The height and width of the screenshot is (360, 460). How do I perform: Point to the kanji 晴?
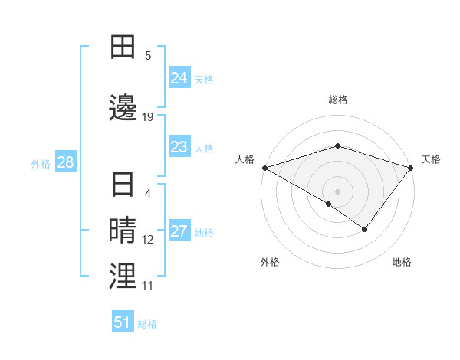tap(123, 231)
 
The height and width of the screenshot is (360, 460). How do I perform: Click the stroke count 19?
tap(148, 116)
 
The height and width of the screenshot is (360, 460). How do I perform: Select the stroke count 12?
tap(148, 240)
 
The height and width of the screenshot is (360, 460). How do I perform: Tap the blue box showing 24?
tap(179, 78)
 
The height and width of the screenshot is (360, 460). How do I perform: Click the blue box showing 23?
tap(179, 147)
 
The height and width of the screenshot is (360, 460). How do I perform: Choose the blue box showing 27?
tap(179, 232)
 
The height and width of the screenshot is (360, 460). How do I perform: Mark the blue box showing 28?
tap(65, 162)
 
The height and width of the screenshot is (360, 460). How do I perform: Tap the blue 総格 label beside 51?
tap(147, 323)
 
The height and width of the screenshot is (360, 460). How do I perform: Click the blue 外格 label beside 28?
tap(41, 163)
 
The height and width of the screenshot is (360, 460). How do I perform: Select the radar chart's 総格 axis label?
tap(338, 100)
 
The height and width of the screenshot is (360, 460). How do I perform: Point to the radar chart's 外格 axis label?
tap(270, 262)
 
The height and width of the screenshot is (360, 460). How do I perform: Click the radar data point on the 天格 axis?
tap(412, 168)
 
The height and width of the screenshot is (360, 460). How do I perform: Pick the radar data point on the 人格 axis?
tap(264, 168)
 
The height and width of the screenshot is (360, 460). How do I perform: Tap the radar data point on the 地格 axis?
tap(365, 229)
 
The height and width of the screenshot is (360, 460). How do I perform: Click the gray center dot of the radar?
tap(338, 191)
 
